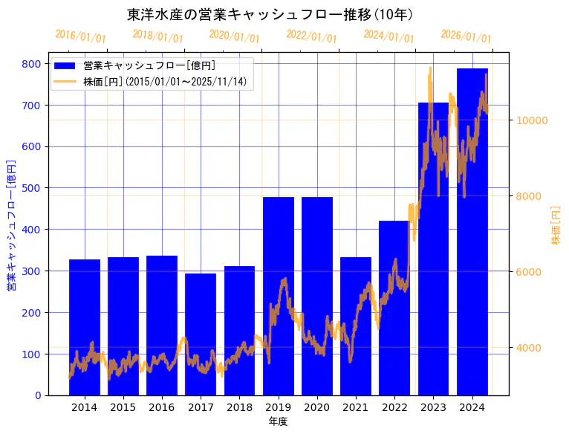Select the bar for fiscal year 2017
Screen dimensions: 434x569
coord(201,334)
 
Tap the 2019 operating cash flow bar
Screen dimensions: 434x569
coord(279,297)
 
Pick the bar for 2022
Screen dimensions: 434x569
coord(394,308)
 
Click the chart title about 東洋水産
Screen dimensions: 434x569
coord(270,15)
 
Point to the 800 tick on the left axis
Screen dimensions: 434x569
coord(32,64)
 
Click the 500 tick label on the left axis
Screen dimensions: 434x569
coord(32,188)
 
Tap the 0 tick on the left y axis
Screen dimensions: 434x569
coord(38,395)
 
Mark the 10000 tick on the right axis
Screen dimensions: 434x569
coord(533,120)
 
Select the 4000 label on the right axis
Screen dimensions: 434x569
coord(530,348)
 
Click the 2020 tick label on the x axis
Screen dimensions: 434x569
coord(317,407)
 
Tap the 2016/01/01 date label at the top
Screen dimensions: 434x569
coord(81,36)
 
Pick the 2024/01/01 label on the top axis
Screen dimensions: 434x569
coord(389,36)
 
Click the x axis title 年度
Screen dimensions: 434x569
coord(278,421)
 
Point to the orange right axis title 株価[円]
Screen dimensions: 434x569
coord(556,226)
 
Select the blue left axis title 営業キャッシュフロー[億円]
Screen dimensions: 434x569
coord(11,225)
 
